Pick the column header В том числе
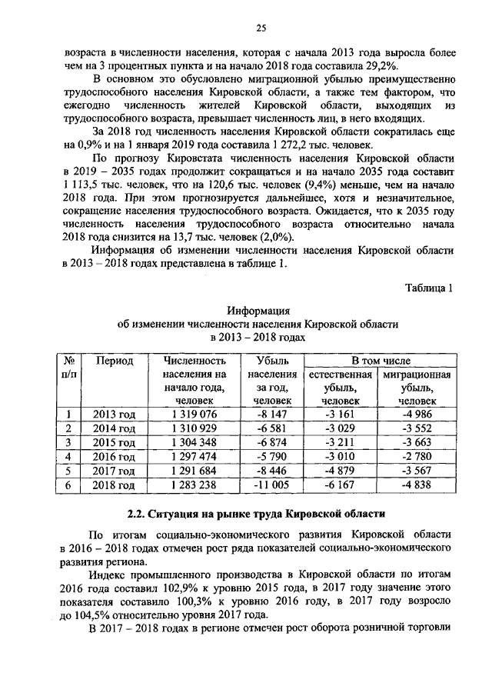(x=381, y=360)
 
